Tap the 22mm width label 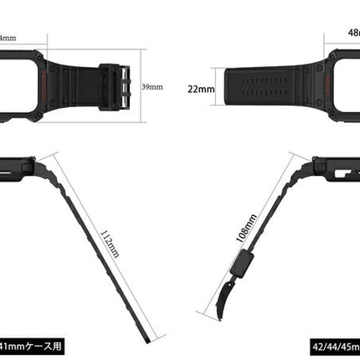[201, 89]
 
